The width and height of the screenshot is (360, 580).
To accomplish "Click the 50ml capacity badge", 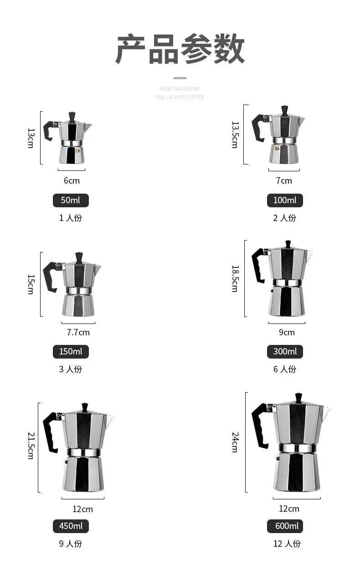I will [x=71, y=200].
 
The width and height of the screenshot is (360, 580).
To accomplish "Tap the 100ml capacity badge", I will [x=285, y=200].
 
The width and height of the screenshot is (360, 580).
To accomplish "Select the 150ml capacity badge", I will [x=71, y=352].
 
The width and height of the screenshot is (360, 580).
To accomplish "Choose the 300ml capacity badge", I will [x=285, y=352].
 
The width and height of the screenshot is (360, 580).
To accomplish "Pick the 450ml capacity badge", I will [x=71, y=526].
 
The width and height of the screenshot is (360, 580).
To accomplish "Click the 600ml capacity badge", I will [x=285, y=526].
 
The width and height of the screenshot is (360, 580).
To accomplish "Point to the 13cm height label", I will [x=31, y=138].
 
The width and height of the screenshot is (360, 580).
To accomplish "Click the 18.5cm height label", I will [x=235, y=278].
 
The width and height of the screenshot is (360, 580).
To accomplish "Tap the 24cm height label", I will [x=235, y=442].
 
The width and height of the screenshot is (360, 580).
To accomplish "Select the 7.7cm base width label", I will [x=78, y=333].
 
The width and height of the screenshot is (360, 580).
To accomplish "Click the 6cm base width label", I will [x=72, y=181].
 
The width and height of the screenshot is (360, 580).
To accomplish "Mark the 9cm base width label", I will [x=287, y=333].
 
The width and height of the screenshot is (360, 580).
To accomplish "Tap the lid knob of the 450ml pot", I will [x=85, y=407].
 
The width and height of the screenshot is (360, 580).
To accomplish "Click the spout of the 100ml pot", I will [x=301, y=120].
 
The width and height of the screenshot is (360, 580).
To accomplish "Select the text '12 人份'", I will [x=287, y=544].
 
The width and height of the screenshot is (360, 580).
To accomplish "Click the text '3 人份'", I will [x=71, y=369].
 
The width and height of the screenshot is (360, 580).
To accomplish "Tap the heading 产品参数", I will [x=180, y=49].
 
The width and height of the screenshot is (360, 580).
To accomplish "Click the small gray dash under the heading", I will [x=180, y=78].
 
